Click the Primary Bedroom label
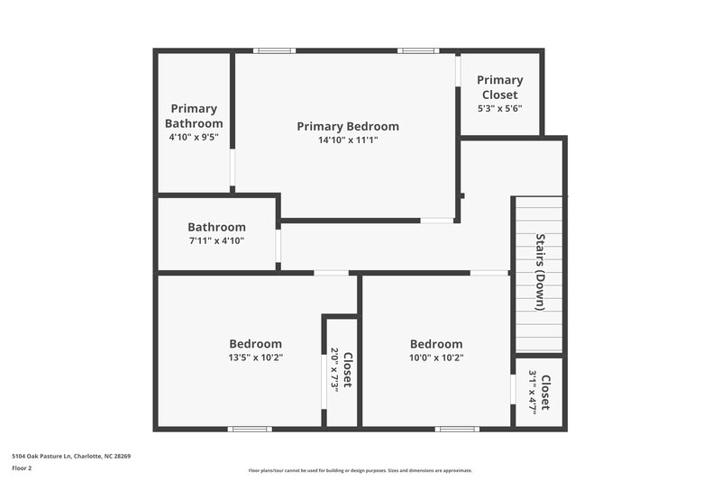[x=347, y=126]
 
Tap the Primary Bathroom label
[x=194, y=116]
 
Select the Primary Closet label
[x=499, y=87]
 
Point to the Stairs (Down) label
[x=540, y=273]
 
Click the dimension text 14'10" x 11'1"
[x=347, y=140]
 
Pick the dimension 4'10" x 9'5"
[x=194, y=138]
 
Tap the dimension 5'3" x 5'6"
[x=499, y=108]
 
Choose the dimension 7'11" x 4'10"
[x=216, y=240]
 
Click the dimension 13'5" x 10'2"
[x=255, y=358]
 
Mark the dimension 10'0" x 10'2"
[x=436, y=358]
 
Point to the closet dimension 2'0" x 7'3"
[x=334, y=369]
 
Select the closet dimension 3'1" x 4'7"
[x=534, y=392]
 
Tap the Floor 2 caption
[x=22, y=468]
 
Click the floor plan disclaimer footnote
[x=360, y=470]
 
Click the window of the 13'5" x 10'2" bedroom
[x=250, y=429]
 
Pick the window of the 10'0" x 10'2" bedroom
[x=457, y=429]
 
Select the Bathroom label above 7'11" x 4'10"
[x=216, y=227]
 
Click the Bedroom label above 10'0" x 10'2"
[x=436, y=343]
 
